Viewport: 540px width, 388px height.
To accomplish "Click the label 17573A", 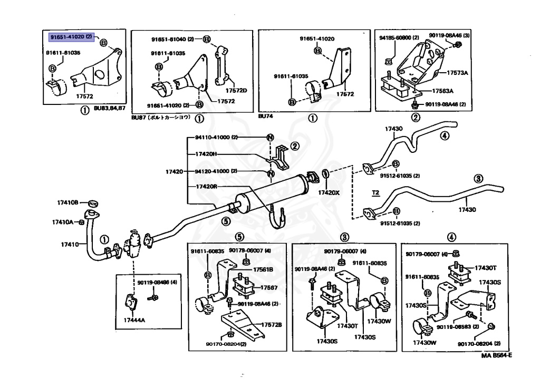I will coord(457,73).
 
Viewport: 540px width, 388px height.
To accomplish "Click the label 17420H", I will coord(206,154).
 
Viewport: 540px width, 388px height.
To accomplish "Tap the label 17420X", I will coord(329,192).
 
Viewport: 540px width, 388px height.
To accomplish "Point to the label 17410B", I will coord(68,202).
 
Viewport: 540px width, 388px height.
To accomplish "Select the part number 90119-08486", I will coord(157,283).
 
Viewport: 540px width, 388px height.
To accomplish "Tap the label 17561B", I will coord(263,269).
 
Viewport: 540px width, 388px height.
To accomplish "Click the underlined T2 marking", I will coord(375,193).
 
